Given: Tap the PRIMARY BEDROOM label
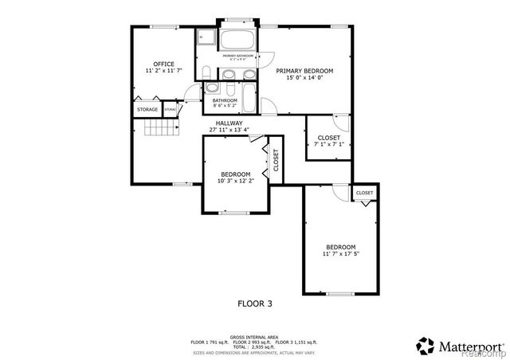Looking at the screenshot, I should (x=304, y=71).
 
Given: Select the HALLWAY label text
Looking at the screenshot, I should (x=229, y=123).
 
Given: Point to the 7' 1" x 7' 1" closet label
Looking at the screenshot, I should (x=328, y=144).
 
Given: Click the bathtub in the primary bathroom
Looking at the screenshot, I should (x=237, y=41).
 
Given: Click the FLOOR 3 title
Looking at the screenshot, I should (x=255, y=303).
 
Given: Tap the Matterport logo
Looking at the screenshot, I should (x=458, y=346).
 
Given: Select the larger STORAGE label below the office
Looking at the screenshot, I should (x=147, y=109).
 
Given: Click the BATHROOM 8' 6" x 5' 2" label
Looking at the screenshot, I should (x=225, y=103).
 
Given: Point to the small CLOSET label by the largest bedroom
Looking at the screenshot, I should (x=364, y=193).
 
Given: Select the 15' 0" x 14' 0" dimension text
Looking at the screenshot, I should (x=304, y=78).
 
